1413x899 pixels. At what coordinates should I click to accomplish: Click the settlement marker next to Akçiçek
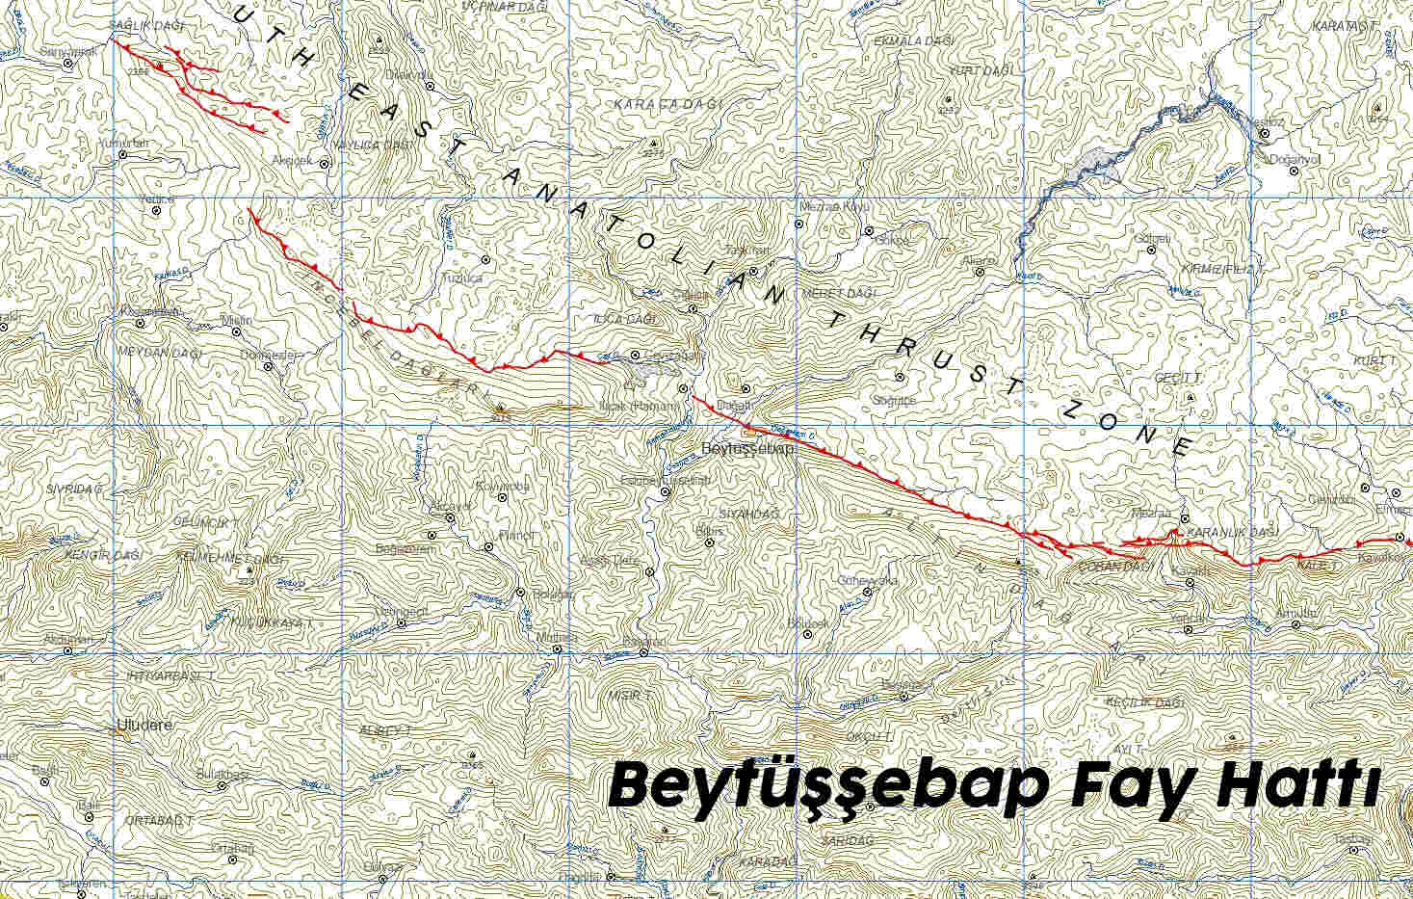tap(325, 163)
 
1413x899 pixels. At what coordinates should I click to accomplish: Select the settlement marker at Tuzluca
tap(485, 260)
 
